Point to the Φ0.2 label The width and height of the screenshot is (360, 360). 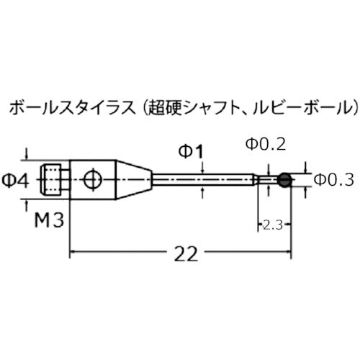[x=266, y=144]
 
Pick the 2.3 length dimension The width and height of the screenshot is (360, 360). [x=271, y=225]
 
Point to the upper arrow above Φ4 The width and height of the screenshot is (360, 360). [x=27, y=154]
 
